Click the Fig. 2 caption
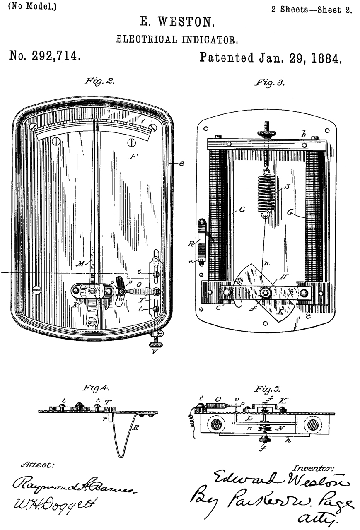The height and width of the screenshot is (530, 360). (99, 81)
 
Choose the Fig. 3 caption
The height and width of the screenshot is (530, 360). (269, 82)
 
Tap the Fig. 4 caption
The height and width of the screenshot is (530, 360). (95, 388)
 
